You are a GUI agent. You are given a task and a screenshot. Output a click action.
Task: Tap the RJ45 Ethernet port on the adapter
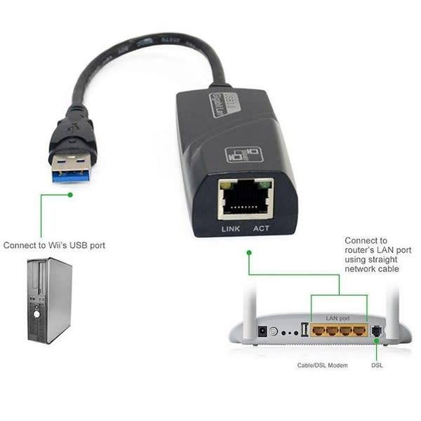tap(245, 199)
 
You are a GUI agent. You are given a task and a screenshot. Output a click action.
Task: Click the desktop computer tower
tap(49, 300)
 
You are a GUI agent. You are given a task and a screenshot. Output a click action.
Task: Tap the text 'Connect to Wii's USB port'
tap(55, 246)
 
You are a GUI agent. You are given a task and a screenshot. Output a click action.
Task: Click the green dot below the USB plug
tap(69, 194)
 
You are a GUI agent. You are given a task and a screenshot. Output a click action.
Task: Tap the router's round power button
tap(273, 332)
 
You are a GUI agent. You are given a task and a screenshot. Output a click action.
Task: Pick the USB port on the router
tap(305, 330)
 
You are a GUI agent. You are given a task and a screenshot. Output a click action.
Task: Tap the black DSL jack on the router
tap(376, 330)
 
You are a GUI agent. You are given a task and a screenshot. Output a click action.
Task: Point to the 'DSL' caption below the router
tap(377, 366)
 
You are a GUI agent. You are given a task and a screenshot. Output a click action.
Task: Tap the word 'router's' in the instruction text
tap(361, 250)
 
